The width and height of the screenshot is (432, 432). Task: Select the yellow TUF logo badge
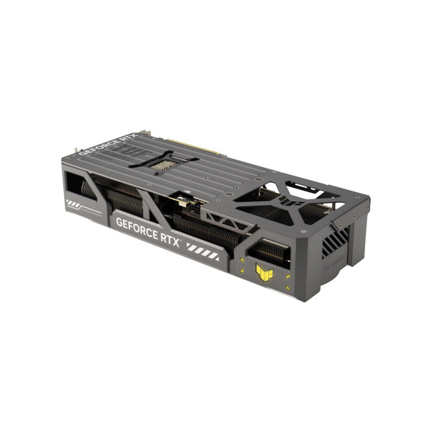tap(264, 271)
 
